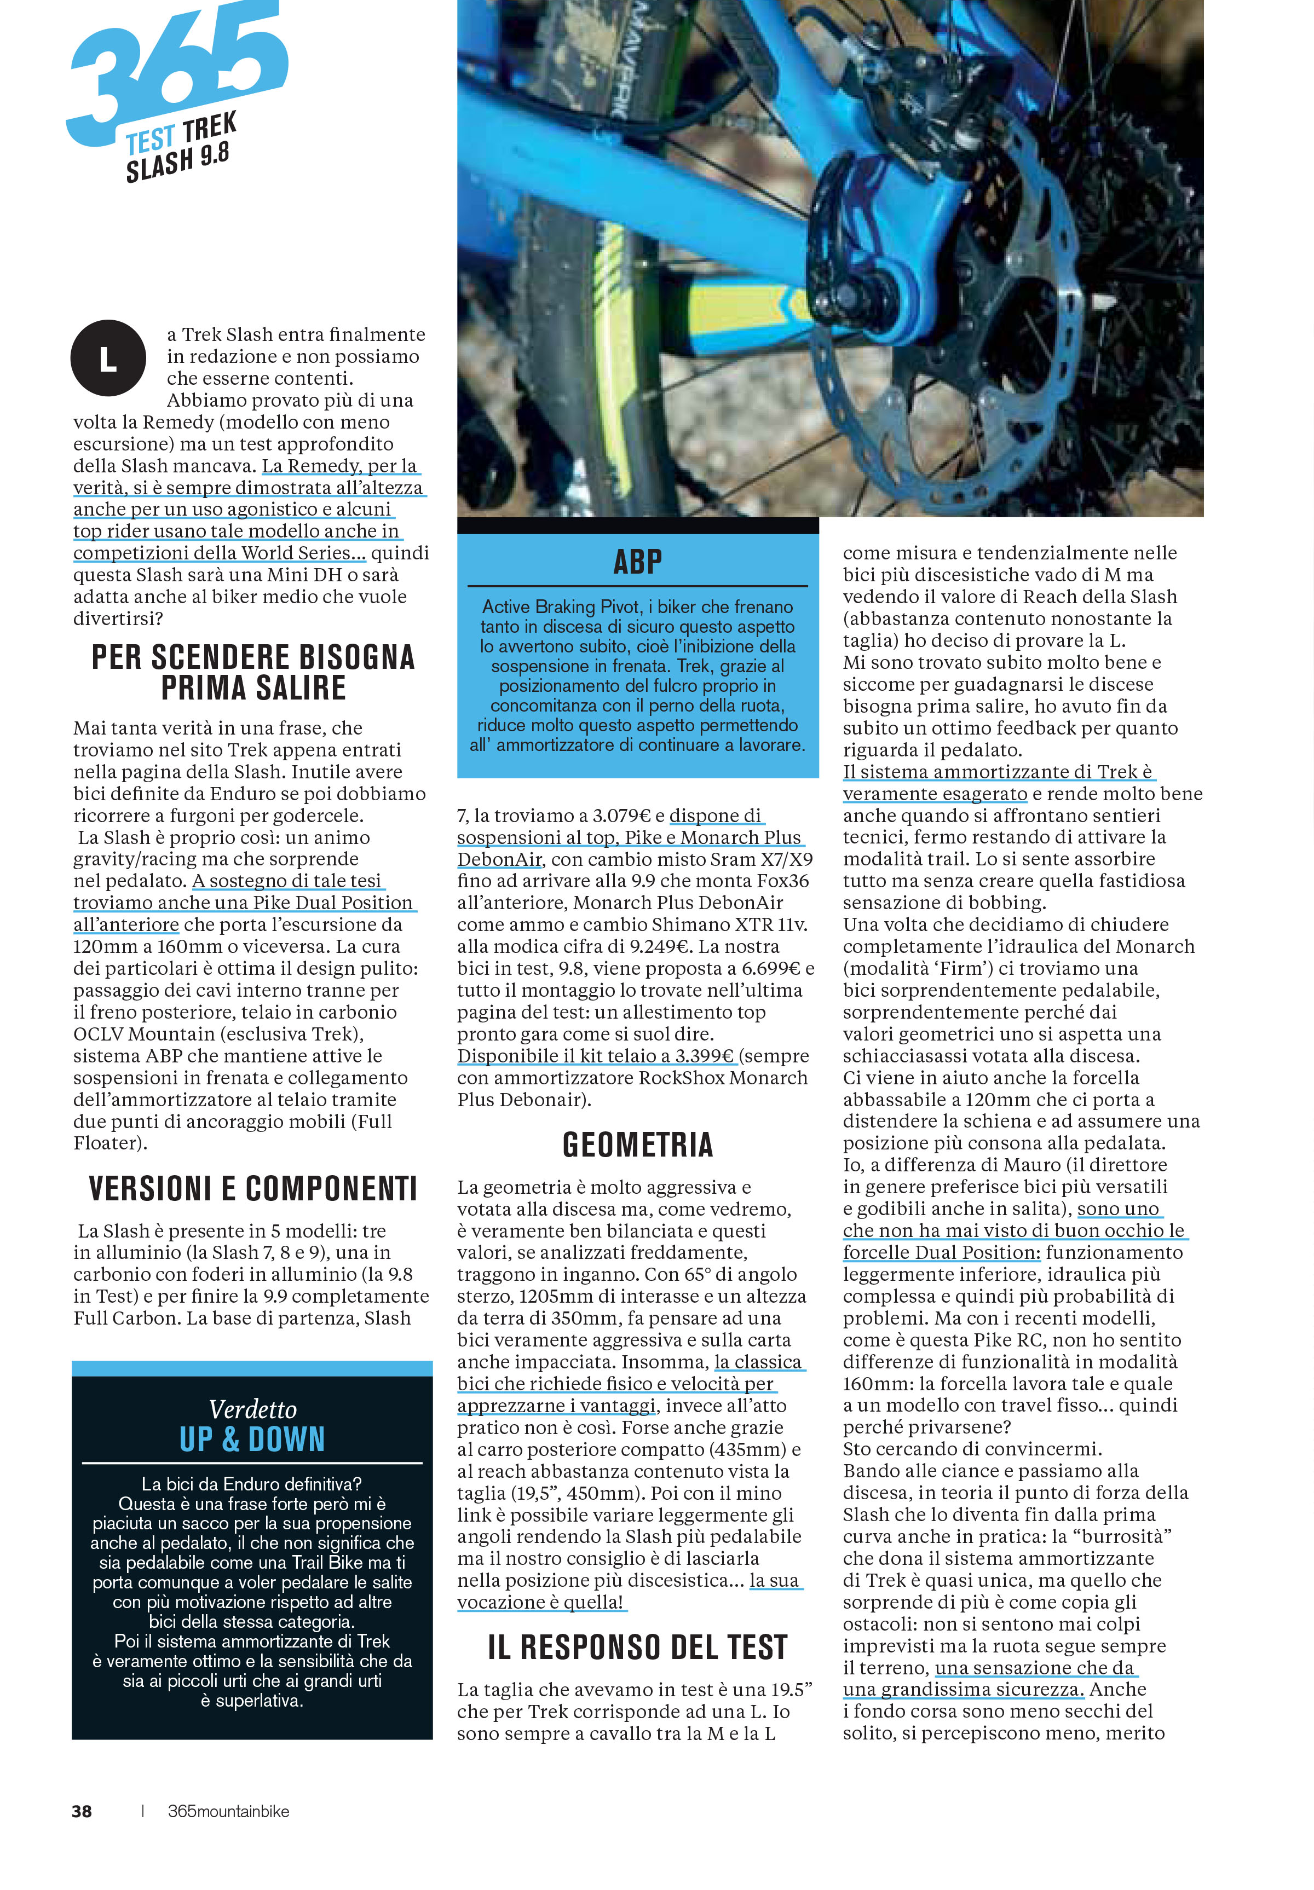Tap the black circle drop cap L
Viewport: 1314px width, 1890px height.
[108, 358]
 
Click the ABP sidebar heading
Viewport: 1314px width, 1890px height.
[637, 562]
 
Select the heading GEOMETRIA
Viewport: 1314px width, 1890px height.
[637, 1145]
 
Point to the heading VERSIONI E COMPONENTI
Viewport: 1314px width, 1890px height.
[253, 1189]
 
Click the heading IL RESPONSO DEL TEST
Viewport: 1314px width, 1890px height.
[637, 1647]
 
